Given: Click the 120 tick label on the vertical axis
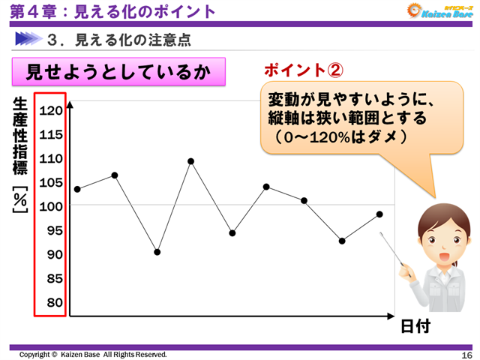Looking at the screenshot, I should point(50,110).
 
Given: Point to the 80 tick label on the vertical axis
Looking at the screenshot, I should point(50,302).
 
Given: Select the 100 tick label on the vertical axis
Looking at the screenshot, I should point(50,206).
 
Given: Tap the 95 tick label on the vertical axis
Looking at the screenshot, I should point(50,230).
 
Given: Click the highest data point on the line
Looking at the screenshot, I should point(191,161).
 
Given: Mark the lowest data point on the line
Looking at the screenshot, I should point(157,252).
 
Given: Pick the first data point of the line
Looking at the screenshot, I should point(77,189).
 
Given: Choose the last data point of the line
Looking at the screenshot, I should point(379,214).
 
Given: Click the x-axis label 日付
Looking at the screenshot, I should point(415,326).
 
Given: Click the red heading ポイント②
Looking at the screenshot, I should point(304,70).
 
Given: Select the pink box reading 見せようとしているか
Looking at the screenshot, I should point(118,73).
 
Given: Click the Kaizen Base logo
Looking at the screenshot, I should point(437,11).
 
